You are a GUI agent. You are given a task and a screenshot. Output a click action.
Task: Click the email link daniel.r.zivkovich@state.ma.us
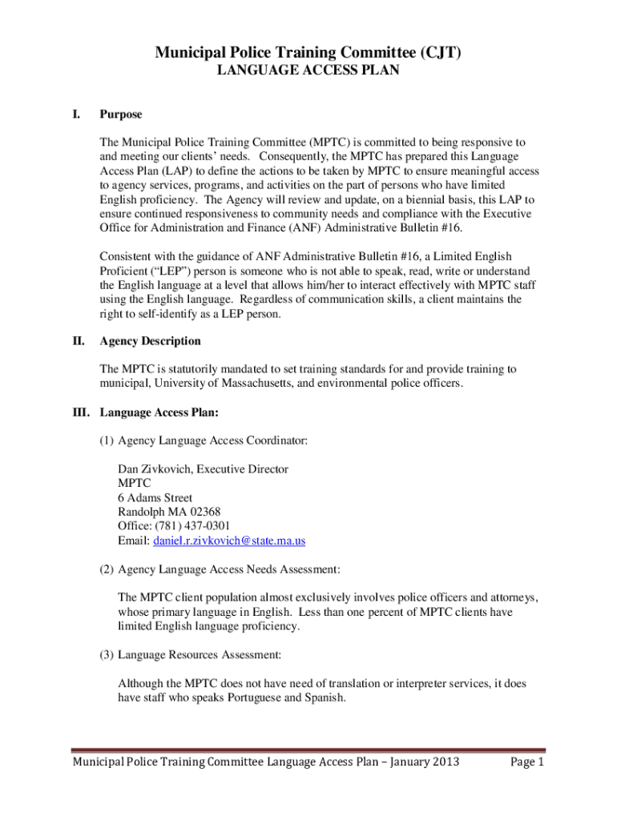tap(229, 541)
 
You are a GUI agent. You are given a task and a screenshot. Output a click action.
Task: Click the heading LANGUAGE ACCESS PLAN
tap(308, 71)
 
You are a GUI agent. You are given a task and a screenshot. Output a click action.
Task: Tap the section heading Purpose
tap(121, 115)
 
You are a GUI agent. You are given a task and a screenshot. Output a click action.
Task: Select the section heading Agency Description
tap(150, 341)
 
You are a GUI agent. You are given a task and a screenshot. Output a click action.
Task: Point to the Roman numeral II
tap(79, 341)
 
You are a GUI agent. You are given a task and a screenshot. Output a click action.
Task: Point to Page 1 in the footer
tap(527, 762)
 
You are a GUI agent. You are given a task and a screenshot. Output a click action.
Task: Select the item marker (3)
tap(107, 655)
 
